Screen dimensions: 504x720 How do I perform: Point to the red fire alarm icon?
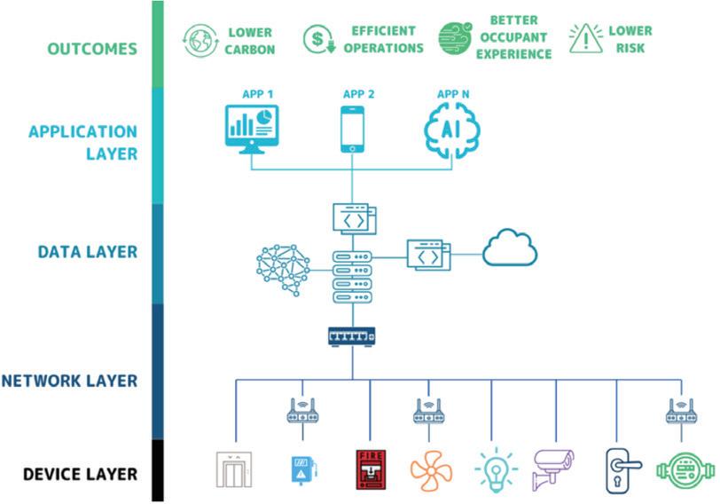[x=371, y=469]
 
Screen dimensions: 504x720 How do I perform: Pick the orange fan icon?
[x=432, y=469]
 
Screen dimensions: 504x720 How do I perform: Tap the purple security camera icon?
[x=552, y=469]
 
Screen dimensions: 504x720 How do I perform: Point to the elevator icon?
[x=234, y=470]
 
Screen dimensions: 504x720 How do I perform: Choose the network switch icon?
[x=352, y=336]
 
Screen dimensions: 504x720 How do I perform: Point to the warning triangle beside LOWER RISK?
[x=584, y=39]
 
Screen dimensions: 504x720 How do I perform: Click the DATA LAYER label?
[x=88, y=252]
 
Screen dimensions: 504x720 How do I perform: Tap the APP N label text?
[x=453, y=92]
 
